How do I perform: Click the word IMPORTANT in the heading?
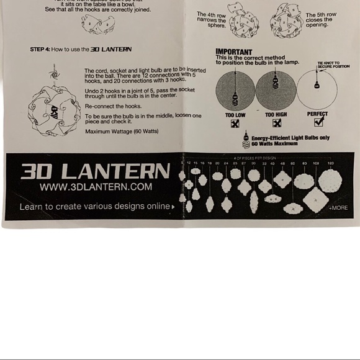pos(234,52)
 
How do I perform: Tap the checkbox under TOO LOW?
pos(235,124)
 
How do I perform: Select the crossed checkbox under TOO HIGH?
pos(276,123)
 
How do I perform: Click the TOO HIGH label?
pos(276,115)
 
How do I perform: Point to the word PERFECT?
pos(317,114)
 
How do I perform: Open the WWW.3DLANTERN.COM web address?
pos(96,187)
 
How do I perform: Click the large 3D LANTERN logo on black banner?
pos(95,171)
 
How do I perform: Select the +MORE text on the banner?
pos(338,207)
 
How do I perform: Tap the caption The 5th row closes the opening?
pos(319,20)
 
